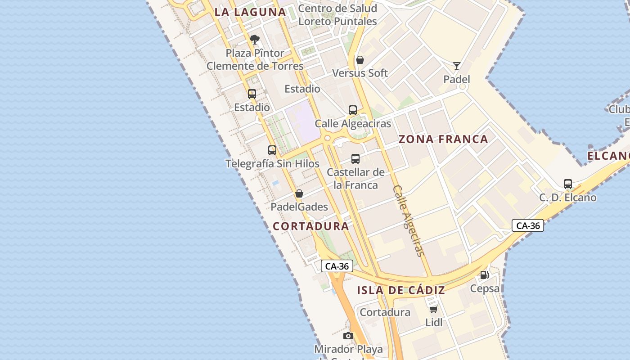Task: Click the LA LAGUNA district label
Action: [250, 12]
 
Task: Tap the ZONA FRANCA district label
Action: [443, 139]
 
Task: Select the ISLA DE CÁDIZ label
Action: [401, 290]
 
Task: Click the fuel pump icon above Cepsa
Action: [484, 274]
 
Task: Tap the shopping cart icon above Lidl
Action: [433, 309]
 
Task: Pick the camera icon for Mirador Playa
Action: [348, 336]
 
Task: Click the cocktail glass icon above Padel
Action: [457, 66]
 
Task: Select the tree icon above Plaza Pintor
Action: [255, 40]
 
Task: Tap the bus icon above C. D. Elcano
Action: [568, 184]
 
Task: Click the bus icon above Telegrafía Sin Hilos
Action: [272, 150]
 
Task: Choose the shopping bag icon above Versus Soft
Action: [360, 60]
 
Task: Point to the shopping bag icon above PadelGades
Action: [299, 194]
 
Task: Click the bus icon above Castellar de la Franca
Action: [355, 158]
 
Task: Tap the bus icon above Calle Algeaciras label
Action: [353, 110]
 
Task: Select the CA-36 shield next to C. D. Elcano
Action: [528, 225]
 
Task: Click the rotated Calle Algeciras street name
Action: [409, 220]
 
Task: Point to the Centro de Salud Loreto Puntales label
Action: [337, 15]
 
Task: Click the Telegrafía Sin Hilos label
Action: [272, 164]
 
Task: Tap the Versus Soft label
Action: [360, 73]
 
